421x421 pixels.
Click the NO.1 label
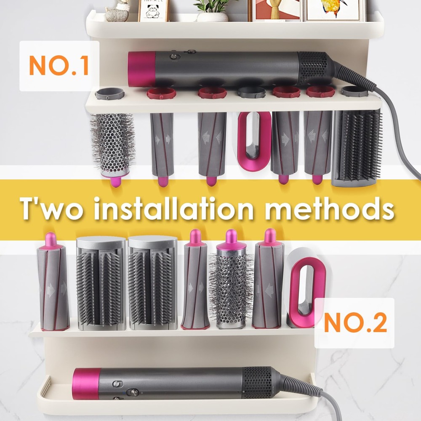(x=59, y=65)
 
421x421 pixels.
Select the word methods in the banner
(x=330, y=209)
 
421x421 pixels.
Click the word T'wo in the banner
(x=51, y=209)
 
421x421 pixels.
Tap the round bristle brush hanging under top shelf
(x=113, y=149)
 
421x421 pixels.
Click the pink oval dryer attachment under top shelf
(x=254, y=141)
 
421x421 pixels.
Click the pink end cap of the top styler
(x=141, y=69)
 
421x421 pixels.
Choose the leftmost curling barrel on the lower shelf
(x=53, y=281)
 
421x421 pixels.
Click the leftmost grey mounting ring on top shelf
(x=109, y=93)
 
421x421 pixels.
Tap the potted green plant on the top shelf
(x=212, y=10)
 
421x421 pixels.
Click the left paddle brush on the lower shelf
(x=101, y=283)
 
